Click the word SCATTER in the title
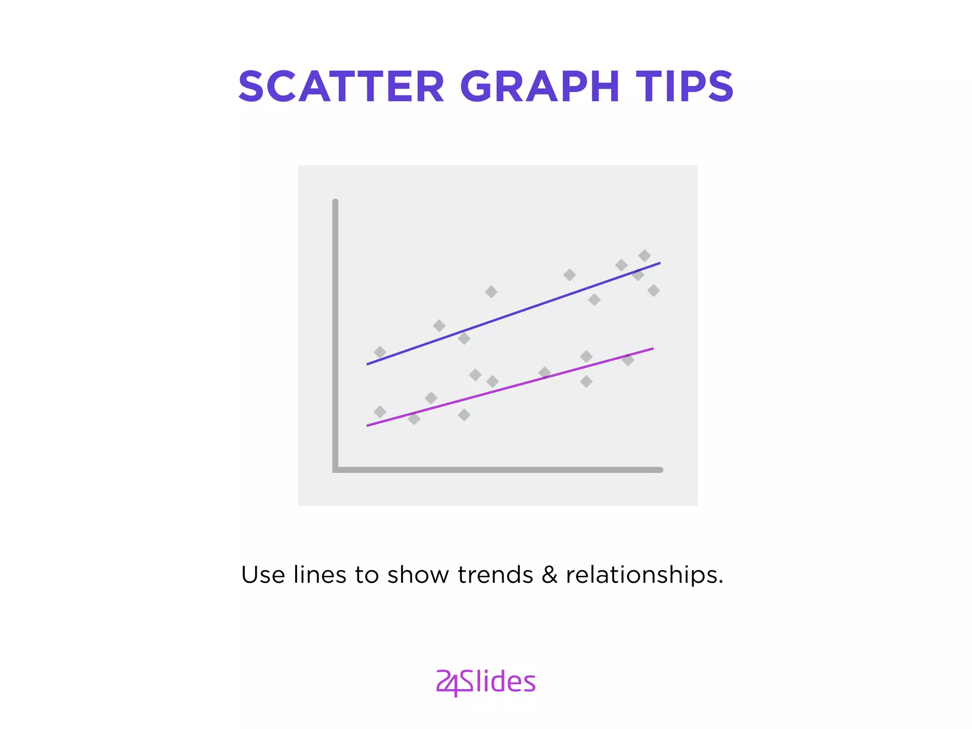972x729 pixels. [x=341, y=86]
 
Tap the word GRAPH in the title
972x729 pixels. [x=540, y=86]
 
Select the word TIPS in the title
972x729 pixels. [x=684, y=86]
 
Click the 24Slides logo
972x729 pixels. [x=486, y=682]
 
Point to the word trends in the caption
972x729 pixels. [x=495, y=575]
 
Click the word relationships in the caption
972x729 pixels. [x=644, y=575]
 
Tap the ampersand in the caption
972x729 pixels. [x=549, y=575]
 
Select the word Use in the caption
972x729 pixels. [x=263, y=575]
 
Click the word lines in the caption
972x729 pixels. [x=320, y=575]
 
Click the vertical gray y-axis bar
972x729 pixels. [x=336, y=332]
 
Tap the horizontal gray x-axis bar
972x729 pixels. [x=498, y=470]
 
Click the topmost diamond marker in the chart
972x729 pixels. [x=644, y=256]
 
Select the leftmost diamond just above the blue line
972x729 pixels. [x=380, y=352]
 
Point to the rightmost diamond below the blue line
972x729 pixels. [x=654, y=290]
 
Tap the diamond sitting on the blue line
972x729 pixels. [x=638, y=274]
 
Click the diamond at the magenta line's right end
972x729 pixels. [x=628, y=360]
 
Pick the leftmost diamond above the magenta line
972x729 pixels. [x=380, y=411]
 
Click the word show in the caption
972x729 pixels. [x=418, y=575]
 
